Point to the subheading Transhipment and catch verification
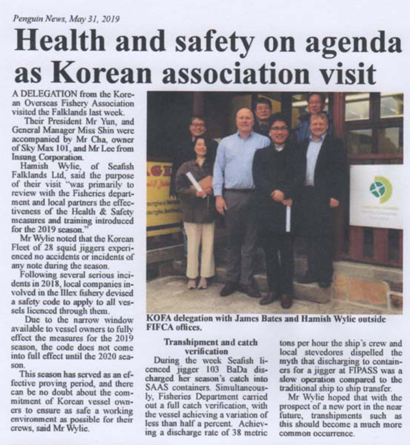(214, 347)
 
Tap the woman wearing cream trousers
(197, 205)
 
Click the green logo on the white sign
(379, 188)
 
